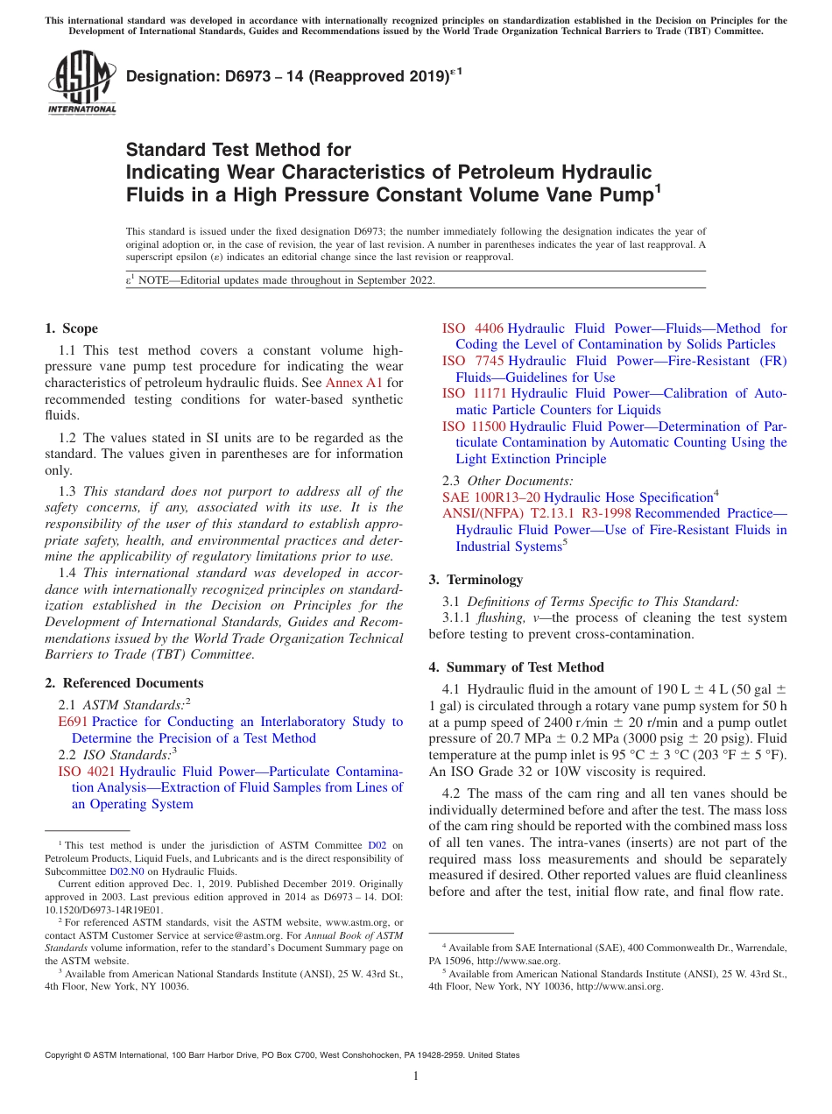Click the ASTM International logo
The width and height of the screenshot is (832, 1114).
(x=81, y=84)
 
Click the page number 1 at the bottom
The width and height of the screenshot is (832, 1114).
(x=416, y=1076)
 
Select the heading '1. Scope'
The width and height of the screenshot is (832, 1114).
(x=71, y=328)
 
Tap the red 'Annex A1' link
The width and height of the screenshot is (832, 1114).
(x=354, y=383)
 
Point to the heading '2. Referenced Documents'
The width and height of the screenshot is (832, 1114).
(x=123, y=683)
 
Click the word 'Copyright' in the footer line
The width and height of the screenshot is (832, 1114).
(x=65, y=1055)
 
